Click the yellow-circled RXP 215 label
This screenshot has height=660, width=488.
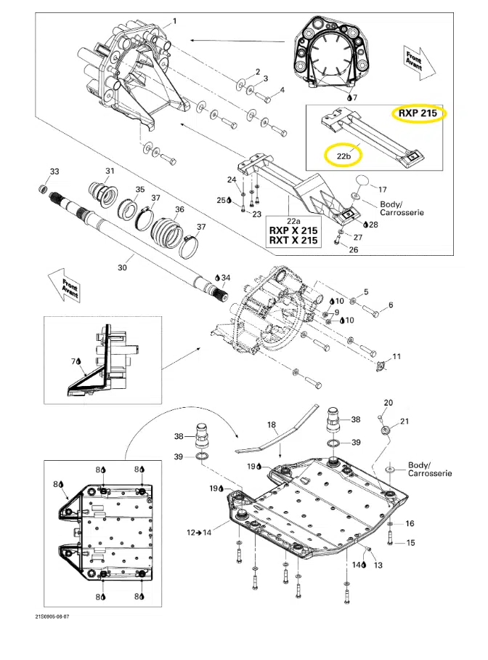coord(418,113)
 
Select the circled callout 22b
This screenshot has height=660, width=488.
coord(343,156)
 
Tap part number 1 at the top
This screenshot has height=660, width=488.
coord(174,21)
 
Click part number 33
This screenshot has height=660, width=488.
coord(54,172)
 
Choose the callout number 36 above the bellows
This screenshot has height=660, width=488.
coord(179,209)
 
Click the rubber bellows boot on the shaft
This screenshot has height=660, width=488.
coord(168,230)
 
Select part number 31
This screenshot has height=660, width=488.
coord(110,171)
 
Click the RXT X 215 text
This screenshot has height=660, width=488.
coord(293,241)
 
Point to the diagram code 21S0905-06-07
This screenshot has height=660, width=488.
coord(52,616)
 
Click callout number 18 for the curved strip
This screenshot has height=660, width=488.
coord(272,424)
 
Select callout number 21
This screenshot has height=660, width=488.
coord(404,421)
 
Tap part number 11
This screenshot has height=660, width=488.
coord(396,356)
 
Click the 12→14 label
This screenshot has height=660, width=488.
coord(199,533)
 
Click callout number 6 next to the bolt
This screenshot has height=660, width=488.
coord(391,305)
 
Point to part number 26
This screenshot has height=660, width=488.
coord(354,249)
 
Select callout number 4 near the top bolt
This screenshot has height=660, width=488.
coord(282,89)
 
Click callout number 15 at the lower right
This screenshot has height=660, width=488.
coord(410,542)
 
